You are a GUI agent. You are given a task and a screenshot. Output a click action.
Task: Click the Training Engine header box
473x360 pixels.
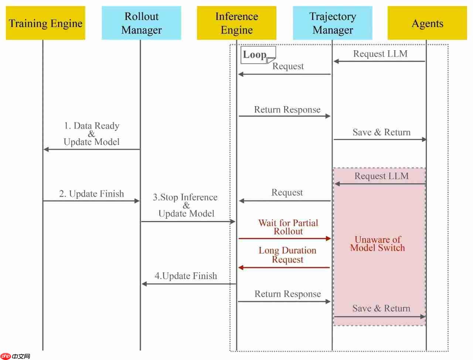pos(45,23)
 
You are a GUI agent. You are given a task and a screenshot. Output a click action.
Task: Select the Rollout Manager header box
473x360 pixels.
pos(142,23)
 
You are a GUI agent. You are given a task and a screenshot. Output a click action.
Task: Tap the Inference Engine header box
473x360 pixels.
pos(236,23)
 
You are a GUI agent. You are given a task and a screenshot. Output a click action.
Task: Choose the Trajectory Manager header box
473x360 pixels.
pos(333,23)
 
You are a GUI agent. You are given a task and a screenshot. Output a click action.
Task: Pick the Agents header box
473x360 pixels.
pos(427,23)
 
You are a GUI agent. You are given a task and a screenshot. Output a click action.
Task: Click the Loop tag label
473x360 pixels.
pos(255,55)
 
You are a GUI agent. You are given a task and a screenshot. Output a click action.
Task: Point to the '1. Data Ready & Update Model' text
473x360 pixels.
pos(92,134)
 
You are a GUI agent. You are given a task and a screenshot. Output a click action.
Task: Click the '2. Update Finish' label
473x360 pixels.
pos(92,194)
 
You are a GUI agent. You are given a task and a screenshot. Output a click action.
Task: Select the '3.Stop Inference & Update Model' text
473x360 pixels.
pos(186,205)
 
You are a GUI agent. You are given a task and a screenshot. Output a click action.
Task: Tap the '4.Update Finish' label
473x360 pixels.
pos(186,276)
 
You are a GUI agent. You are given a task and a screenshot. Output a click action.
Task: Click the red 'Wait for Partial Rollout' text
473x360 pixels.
pos(288,227)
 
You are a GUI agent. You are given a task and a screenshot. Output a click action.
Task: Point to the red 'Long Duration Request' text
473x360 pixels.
pos(287,255)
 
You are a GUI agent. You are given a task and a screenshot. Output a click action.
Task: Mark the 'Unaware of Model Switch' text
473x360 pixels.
pos(377,244)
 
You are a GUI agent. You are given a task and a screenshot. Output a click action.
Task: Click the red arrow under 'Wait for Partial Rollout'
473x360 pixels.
pos(285,238)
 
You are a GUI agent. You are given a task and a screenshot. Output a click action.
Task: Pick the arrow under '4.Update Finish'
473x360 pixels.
pos(188,284)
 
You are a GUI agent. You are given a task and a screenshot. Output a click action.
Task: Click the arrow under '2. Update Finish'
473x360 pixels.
pos(91,201)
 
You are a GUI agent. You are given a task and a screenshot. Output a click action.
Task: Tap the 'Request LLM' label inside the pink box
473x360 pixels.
pos(381,176)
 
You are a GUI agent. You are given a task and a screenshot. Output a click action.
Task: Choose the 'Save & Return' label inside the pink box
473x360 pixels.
pos(381,308)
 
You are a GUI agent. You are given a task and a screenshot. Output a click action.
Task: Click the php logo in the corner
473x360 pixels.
pos(6,356)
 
